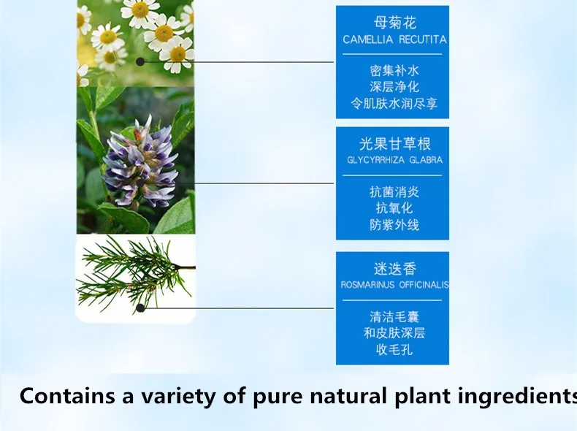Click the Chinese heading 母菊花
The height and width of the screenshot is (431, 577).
395,23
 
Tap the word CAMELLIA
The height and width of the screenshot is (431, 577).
368,39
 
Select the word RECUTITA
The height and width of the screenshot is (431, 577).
423,39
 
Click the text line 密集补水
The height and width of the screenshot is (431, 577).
394,71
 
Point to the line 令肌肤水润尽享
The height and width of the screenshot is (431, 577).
394,104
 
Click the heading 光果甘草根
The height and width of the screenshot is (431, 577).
395,144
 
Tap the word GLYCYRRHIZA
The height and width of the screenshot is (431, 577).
375,160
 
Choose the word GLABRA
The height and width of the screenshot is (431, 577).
426,160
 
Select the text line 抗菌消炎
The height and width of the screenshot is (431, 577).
394,192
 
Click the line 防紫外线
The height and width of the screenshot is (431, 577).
394,225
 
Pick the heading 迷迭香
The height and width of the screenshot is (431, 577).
395,269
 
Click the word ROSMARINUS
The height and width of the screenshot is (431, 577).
367,285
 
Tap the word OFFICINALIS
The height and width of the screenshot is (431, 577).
424,285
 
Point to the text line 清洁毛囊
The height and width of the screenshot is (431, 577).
394,317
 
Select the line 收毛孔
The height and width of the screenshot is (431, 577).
394,349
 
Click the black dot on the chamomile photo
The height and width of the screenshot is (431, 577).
140,62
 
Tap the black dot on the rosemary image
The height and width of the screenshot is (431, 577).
140,308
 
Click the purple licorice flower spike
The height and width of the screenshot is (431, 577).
139,162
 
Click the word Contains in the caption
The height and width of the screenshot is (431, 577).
67,397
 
